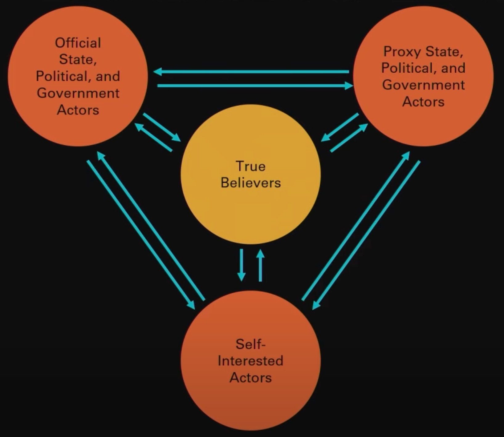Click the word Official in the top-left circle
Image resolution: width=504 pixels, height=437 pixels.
[x=78, y=43]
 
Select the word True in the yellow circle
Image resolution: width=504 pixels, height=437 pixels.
[x=250, y=166]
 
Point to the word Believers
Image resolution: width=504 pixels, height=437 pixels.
[x=250, y=183]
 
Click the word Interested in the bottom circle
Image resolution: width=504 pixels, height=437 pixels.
[x=250, y=361]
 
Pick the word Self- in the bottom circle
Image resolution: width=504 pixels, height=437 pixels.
[x=250, y=344]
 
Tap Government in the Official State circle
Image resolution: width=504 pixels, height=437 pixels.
[x=78, y=93]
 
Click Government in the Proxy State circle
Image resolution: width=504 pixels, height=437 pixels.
[x=423, y=85]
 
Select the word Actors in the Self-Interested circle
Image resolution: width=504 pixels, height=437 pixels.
[x=250, y=378]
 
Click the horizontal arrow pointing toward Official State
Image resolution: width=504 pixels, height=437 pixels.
[x=251, y=72]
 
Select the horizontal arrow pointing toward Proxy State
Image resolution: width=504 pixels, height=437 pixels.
[x=255, y=86]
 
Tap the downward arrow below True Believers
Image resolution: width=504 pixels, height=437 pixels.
[x=242, y=265]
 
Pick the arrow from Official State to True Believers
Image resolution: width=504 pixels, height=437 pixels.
[x=162, y=127]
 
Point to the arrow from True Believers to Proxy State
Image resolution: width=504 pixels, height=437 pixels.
[x=349, y=138]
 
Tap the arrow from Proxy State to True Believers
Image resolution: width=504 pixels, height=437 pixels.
[x=340, y=127]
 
